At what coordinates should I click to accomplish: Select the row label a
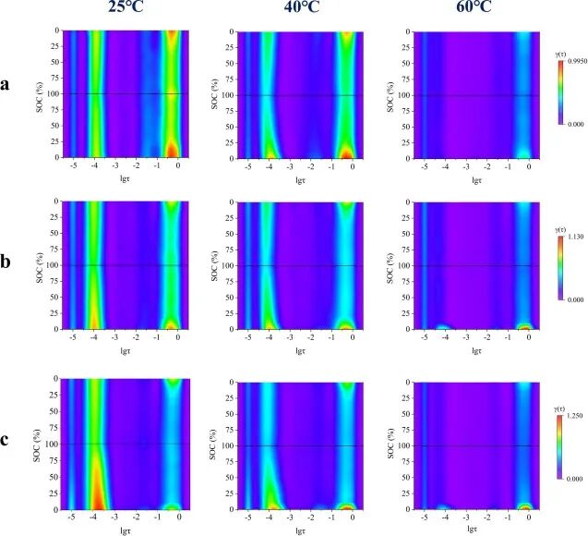7,85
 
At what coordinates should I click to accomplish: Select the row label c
7,438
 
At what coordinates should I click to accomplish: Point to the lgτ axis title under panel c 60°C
473,530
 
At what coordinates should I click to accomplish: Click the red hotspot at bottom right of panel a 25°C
171,148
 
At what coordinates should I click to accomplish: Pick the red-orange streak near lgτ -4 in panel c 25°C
96,481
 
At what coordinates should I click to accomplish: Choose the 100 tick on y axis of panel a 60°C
403,93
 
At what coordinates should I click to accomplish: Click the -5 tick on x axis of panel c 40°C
247,518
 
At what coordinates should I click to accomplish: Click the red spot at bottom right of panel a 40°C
346,151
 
